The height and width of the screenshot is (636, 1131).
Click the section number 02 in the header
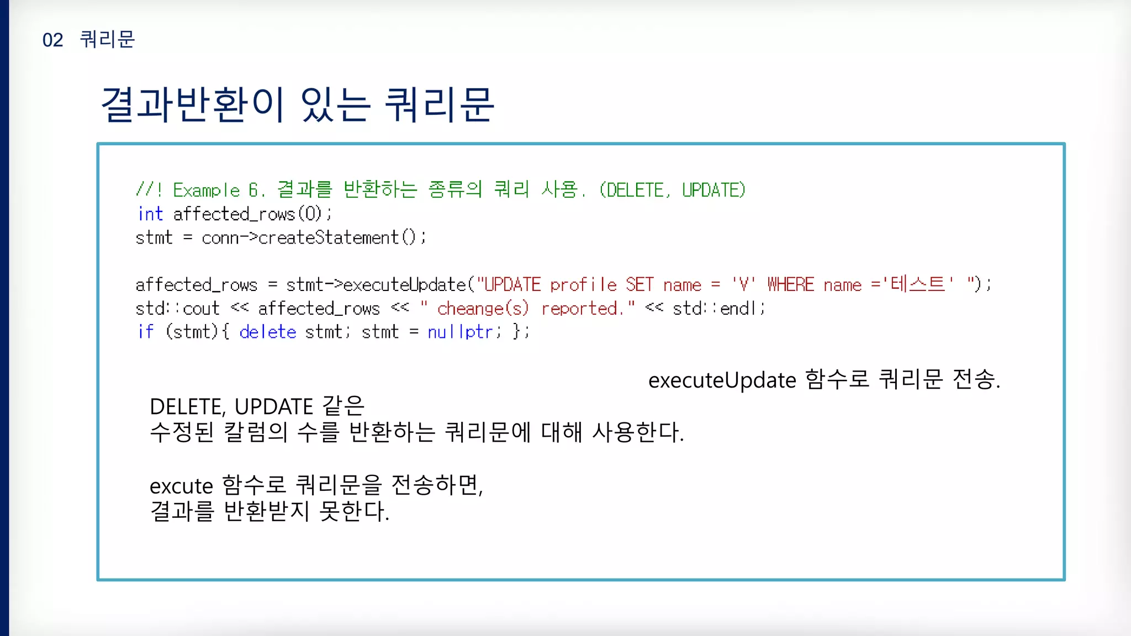point(52,40)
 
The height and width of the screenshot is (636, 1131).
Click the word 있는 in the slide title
point(335,104)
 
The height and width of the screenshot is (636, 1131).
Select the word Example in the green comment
point(206,190)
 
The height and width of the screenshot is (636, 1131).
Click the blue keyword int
point(150,214)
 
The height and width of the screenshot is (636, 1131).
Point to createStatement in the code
point(328,238)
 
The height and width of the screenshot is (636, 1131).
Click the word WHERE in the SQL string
point(790,285)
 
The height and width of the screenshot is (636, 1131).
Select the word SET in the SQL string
point(640,285)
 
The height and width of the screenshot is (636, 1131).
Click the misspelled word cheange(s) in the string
point(483,309)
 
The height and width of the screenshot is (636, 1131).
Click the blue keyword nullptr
point(459,332)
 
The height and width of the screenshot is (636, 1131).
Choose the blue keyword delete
point(268,332)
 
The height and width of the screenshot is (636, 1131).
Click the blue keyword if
point(146,332)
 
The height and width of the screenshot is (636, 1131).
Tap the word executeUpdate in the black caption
point(722,380)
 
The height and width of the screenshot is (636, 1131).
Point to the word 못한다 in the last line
point(354,511)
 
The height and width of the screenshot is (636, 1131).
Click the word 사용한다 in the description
point(637,432)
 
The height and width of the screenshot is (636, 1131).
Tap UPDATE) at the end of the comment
point(714,190)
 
